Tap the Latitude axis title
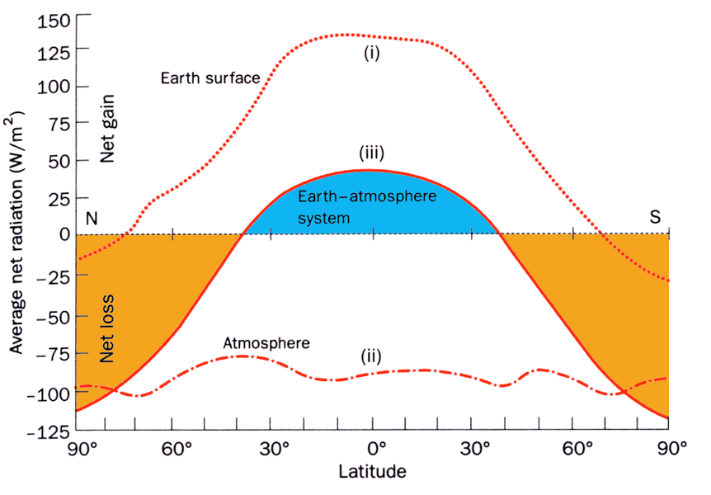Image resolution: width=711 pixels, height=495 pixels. [x=372, y=473]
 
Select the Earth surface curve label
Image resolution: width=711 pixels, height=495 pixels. [x=210, y=78]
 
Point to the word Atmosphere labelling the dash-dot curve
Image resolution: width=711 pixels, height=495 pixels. [x=266, y=342]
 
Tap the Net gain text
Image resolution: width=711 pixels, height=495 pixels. [x=107, y=128]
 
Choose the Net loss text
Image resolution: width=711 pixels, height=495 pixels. [x=107, y=328]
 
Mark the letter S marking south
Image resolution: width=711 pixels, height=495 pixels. [x=655, y=217]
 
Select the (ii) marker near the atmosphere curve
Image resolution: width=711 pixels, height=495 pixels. [x=371, y=357]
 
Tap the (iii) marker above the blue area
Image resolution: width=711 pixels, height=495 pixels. [x=371, y=154]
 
